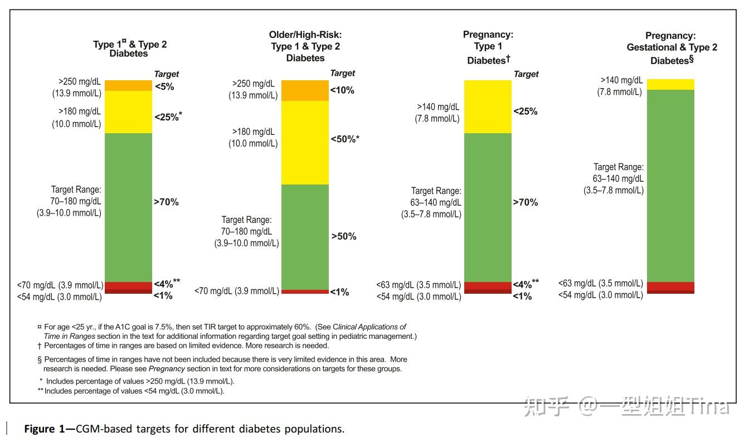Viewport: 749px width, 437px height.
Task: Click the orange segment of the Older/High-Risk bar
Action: coord(305,90)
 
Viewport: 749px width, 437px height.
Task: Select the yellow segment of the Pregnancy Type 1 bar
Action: coord(488,106)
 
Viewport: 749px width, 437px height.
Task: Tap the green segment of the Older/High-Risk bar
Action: coord(305,237)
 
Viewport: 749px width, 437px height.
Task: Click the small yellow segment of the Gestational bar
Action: coord(670,84)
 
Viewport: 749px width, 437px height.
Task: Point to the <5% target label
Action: coord(164,86)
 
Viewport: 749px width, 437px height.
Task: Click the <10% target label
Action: coord(342,90)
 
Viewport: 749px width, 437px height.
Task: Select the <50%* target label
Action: coord(344,139)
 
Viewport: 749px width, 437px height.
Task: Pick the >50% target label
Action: coord(344,236)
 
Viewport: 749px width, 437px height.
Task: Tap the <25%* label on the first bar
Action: coord(168,117)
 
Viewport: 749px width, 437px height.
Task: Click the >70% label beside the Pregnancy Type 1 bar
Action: coord(526,202)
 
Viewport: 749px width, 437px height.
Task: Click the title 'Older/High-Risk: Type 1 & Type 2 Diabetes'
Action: coord(305,46)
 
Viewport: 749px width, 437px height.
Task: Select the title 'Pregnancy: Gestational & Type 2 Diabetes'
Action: coord(672,48)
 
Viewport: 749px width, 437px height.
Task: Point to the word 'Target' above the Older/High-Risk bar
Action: coord(342,73)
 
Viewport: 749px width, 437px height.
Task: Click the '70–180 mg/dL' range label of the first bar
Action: coord(76,201)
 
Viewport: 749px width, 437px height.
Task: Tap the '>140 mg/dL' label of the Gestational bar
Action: coord(621,81)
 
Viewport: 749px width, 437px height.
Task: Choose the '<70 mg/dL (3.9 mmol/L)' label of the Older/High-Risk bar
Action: coord(237,291)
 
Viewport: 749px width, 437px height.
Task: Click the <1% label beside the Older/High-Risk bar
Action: coord(339,292)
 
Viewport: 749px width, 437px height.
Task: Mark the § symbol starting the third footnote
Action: coord(40,360)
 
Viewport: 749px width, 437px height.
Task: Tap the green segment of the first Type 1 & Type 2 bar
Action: coord(129,207)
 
